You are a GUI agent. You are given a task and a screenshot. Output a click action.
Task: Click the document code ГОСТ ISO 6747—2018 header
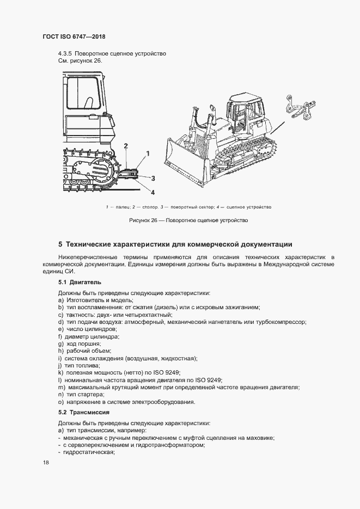[74, 37]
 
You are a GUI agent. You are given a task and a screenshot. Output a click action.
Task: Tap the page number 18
[46, 463]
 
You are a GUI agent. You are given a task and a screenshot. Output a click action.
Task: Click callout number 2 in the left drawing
[126, 146]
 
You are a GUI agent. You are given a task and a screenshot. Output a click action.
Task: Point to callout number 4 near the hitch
[152, 192]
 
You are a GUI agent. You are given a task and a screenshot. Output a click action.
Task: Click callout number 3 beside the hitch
[153, 178]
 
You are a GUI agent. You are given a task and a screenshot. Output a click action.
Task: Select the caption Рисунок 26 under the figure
[188, 220]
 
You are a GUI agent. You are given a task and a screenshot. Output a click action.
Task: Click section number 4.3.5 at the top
[65, 53]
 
